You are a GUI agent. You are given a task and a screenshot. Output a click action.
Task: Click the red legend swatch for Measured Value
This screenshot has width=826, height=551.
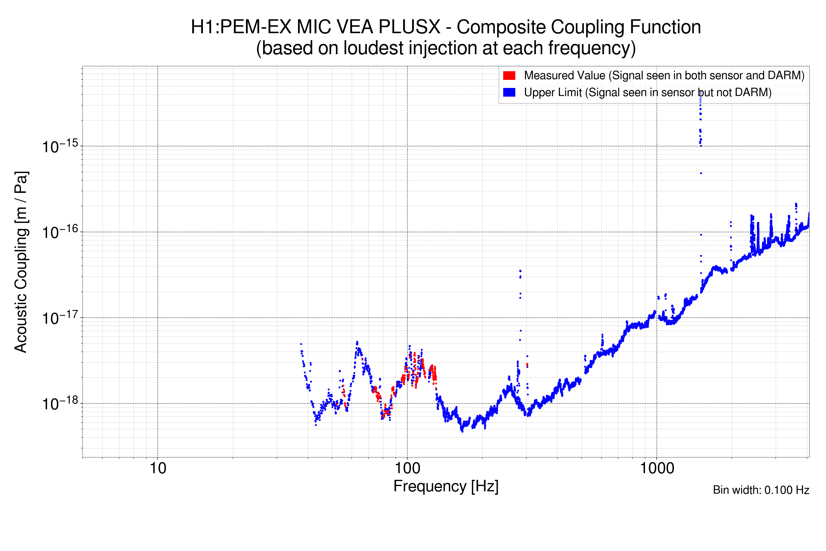[x=509, y=76]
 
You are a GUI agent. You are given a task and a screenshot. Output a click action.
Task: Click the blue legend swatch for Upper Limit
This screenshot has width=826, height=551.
[x=509, y=93]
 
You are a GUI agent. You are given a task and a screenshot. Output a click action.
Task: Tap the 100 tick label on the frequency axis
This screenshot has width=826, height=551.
[x=407, y=468]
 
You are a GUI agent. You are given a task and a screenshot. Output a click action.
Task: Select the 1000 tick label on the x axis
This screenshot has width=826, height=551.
[x=657, y=468]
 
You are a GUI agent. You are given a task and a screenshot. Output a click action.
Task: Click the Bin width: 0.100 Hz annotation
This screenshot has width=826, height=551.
[x=761, y=490]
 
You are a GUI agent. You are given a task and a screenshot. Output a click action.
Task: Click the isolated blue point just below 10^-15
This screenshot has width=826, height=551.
[x=701, y=173]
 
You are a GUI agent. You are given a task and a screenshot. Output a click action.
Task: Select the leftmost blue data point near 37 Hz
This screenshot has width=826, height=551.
[x=301, y=344]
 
